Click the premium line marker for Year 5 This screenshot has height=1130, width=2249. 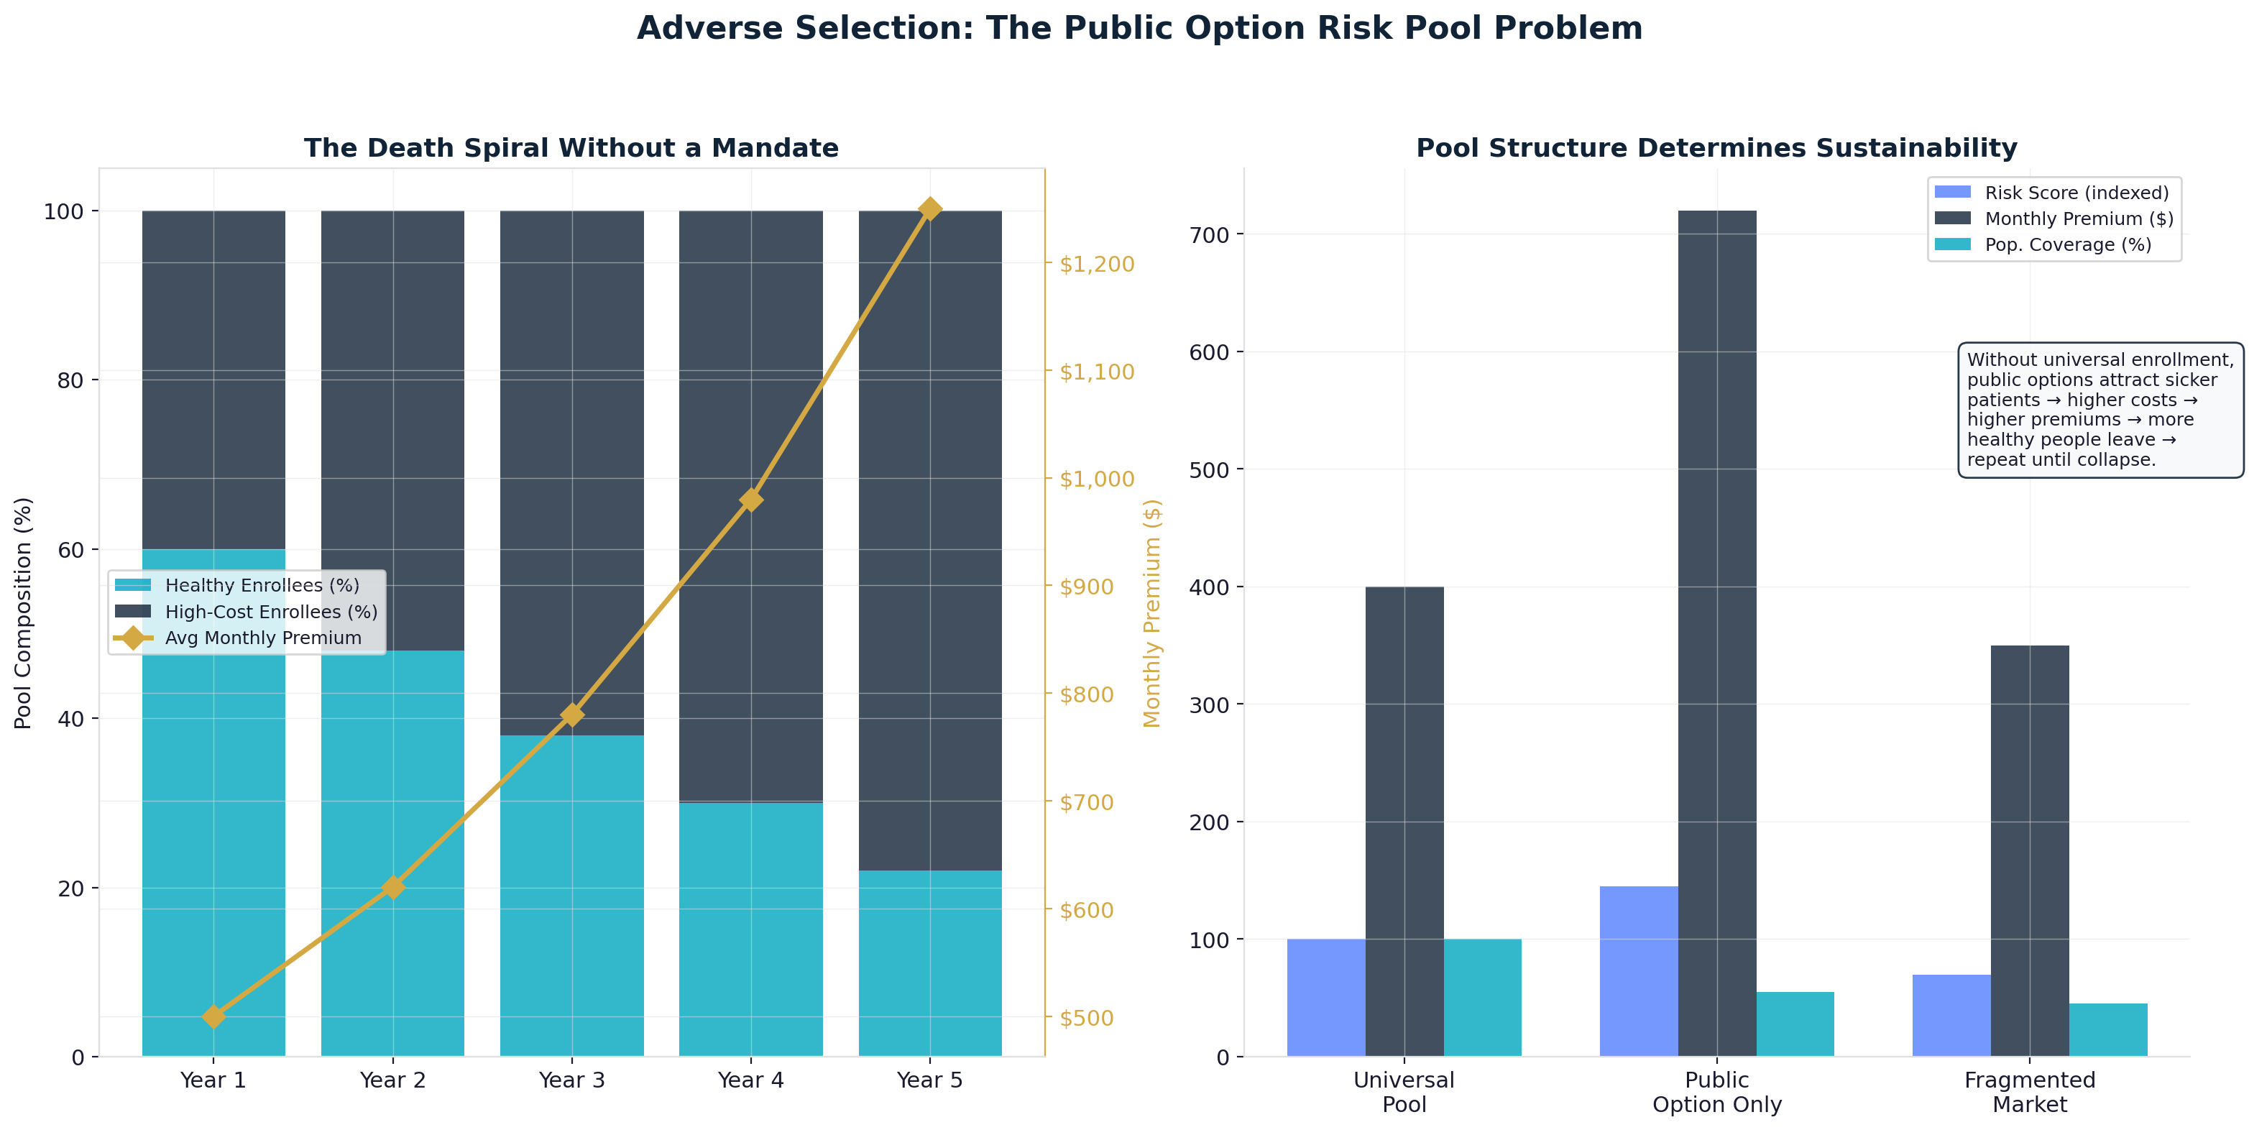point(930,210)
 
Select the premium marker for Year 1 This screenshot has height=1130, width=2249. point(214,1016)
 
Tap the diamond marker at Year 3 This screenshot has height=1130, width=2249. point(572,715)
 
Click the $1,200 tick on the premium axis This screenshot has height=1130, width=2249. point(1097,264)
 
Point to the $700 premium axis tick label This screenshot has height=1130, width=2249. point(1086,801)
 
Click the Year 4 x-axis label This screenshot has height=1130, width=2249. point(751,1080)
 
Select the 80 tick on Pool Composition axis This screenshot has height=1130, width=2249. point(70,381)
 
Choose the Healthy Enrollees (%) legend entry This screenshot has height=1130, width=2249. point(262,585)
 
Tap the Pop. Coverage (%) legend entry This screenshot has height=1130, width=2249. point(2067,244)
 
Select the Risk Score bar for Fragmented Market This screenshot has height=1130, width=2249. point(1951,1015)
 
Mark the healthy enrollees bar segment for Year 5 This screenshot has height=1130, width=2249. point(930,963)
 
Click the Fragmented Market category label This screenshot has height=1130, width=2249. point(2029,1092)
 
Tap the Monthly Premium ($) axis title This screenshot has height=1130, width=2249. point(1151,613)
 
